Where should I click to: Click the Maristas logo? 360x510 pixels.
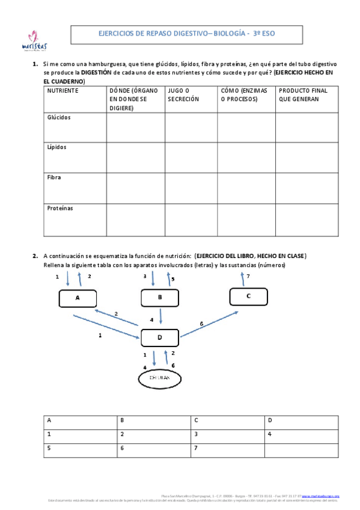[34, 41]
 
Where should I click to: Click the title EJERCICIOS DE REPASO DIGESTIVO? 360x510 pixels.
[186, 34]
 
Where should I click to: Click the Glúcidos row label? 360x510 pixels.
[59, 118]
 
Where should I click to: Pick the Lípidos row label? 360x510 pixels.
[57, 147]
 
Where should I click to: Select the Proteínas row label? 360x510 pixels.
[60, 208]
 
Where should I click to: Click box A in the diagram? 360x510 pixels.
[78, 298]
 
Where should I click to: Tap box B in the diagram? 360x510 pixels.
[159, 297]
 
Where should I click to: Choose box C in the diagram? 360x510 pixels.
[248, 296]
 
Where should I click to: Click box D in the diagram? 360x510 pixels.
[159, 337]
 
